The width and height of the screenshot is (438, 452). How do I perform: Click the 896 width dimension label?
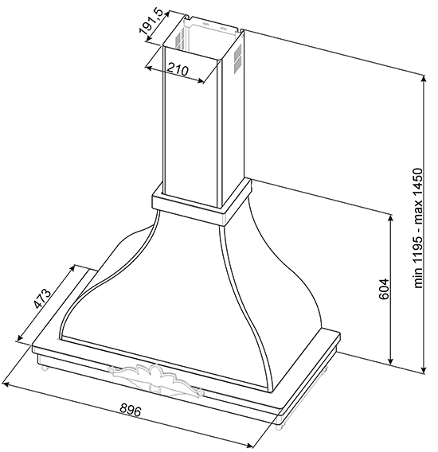pyautogui.click(x=131, y=410)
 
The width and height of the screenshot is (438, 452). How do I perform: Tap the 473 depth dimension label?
pyautogui.click(x=42, y=298)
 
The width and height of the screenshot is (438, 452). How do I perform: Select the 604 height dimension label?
pyautogui.click(x=384, y=289)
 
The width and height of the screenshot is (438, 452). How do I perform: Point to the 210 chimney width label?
pyautogui.click(x=178, y=69)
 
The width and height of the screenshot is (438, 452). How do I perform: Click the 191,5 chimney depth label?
pyautogui.click(x=151, y=25)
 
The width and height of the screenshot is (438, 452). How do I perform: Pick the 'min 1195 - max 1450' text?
pyautogui.click(x=418, y=228)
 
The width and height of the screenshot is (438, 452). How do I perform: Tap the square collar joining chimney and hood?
pyautogui.click(x=201, y=202)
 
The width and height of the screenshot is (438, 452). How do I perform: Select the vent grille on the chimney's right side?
pyautogui.click(x=237, y=59)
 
